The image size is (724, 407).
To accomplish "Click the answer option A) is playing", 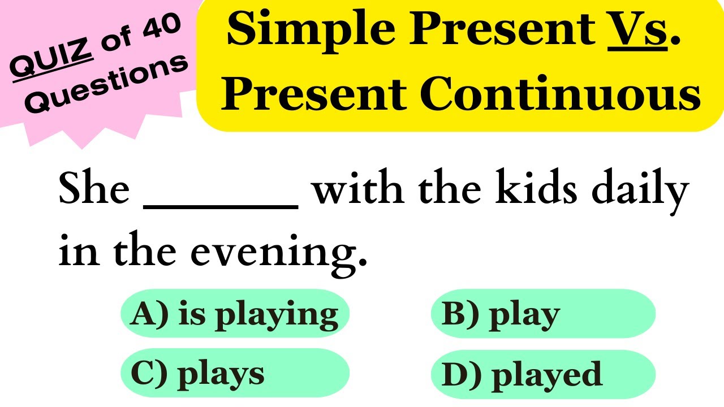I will tap(235, 314).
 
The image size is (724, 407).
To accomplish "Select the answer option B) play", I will tap(542, 314).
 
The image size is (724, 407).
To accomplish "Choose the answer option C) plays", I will tap(235, 374).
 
